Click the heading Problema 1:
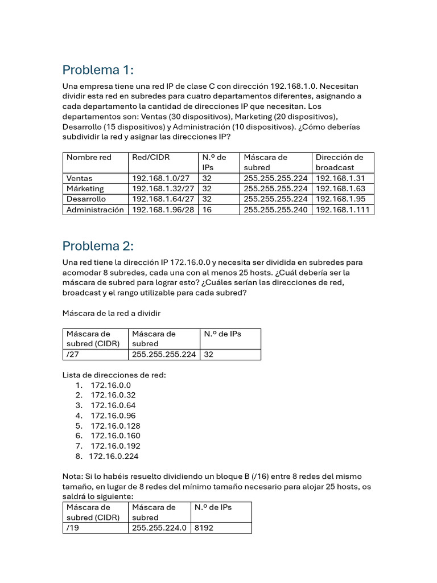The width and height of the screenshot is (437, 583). pos(98,70)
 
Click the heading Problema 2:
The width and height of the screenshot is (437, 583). pos(98,246)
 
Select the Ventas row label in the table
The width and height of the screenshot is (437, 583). pos(80,178)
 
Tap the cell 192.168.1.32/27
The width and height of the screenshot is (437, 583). pos(163,188)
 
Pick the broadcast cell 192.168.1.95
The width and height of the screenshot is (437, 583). pos(340,199)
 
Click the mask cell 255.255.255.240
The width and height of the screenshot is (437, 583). pos(275,210)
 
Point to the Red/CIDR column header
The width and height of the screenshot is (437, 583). pos(151,157)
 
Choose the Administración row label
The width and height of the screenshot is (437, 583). pos(95,210)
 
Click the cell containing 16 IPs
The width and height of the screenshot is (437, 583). pos(207,210)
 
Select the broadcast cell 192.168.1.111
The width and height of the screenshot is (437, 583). pos(343,210)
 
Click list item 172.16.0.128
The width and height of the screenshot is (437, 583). pos(116,426)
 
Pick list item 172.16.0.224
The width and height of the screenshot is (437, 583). pos(114,456)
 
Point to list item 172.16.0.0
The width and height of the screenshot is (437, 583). pos(110,385)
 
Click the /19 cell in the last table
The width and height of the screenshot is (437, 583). pos(72,528)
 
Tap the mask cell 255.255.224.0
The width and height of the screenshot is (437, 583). pos(159,528)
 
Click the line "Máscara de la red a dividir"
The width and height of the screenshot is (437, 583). pos(116,313)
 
